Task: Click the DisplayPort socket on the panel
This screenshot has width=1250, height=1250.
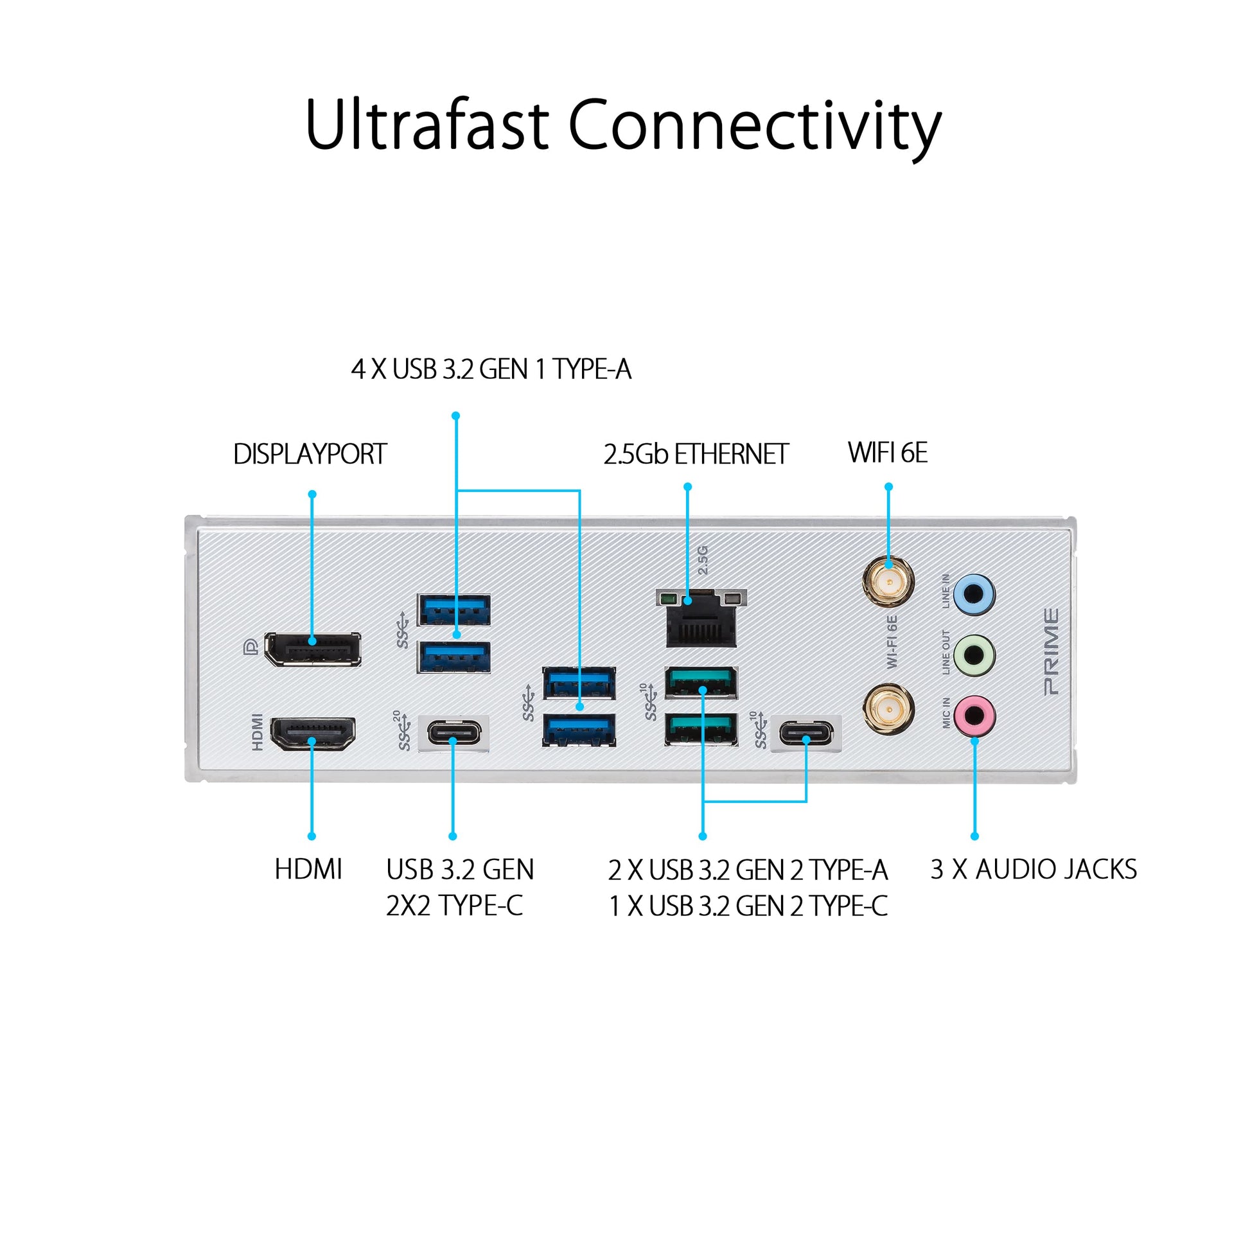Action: click(312, 648)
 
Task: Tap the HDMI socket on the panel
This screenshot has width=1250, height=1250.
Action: click(312, 733)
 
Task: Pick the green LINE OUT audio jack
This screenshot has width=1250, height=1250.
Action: click(974, 654)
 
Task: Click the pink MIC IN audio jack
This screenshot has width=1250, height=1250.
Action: click(974, 716)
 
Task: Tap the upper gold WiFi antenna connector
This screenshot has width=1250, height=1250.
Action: click(888, 581)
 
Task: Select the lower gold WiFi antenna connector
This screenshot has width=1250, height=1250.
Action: click(888, 709)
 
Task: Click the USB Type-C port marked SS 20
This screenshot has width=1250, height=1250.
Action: click(454, 733)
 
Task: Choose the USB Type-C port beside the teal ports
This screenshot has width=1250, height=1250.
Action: click(806, 733)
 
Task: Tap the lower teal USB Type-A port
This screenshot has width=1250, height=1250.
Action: click(701, 729)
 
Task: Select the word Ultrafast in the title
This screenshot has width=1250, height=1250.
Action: click(427, 124)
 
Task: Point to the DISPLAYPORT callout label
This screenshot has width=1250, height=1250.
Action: click(310, 454)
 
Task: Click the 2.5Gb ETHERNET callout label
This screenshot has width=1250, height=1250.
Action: click(696, 454)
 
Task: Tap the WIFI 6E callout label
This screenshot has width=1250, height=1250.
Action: click(888, 453)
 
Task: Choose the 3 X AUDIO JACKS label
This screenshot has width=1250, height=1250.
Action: click(1034, 869)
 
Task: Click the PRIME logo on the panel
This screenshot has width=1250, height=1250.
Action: click(1052, 652)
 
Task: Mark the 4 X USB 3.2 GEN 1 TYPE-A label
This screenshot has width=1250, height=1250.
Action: click(491, 369)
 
